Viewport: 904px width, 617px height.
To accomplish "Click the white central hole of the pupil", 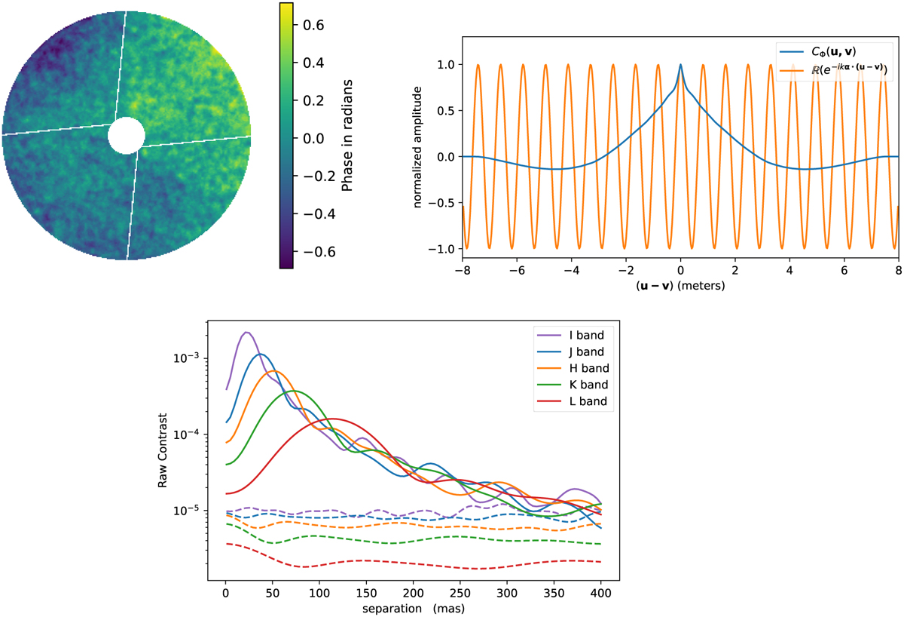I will pos(126,136).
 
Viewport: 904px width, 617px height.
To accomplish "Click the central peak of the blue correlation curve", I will pos(680,65).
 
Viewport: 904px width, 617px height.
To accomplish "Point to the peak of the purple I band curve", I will pos(246,332).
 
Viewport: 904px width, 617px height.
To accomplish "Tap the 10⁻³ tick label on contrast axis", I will pos(185,358).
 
